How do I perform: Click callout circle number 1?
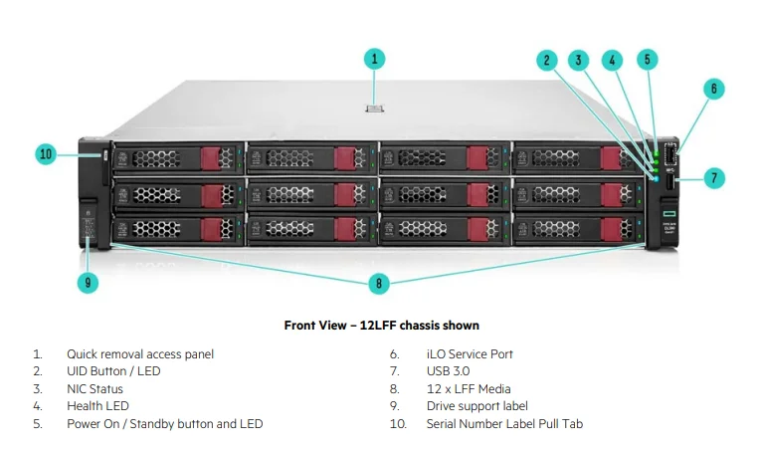(375, 59)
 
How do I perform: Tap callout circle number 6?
(712, 89)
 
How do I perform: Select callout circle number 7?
(712, 178)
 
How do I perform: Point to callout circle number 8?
(378, 284)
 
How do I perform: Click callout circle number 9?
(89, 283)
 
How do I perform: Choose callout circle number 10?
(46, 154)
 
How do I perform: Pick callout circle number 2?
(546, 60)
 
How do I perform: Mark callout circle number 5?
(647, 60)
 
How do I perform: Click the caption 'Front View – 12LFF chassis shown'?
(381, 326)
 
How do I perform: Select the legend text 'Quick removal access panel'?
(139, 353)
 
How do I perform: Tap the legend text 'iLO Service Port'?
(470, 353)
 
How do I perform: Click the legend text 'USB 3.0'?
(448, 371)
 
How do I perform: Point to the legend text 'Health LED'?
(97, 406)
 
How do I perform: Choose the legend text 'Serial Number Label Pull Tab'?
(504, 424)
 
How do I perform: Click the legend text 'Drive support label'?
(477, 406)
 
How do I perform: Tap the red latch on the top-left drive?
(211, 158)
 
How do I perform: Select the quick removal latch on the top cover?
(375, 108)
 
